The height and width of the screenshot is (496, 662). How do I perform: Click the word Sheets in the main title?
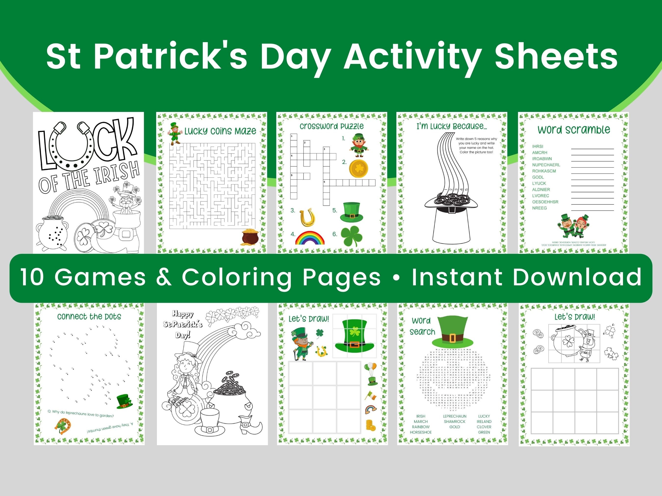(556, 57)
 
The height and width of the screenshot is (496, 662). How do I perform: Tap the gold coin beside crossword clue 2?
(358, 169)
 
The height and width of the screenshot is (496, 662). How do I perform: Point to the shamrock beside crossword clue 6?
(352, 236)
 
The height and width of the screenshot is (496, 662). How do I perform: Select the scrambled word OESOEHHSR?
(545, 202)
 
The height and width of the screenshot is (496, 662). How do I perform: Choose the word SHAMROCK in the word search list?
(454, 422)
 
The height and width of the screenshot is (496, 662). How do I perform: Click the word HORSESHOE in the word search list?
(420, 432)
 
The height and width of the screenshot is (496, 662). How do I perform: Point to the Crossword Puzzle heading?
(331, 126)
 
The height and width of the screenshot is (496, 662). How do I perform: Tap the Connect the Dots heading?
(89, 317)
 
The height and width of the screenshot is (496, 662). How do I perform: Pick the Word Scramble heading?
(573, 130)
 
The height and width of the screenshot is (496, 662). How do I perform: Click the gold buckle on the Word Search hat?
(452, 338)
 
